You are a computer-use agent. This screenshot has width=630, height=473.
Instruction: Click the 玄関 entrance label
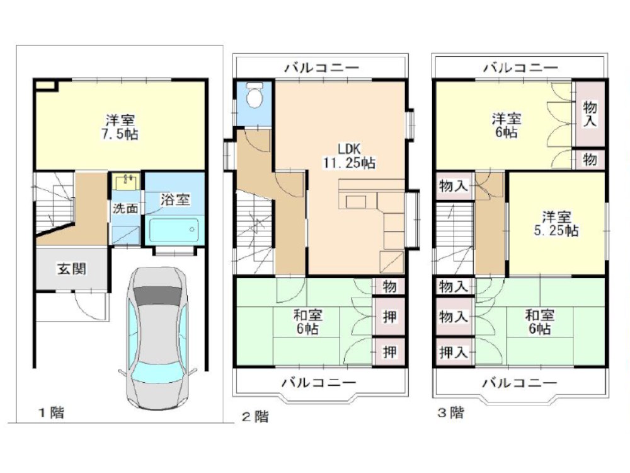[72, 269]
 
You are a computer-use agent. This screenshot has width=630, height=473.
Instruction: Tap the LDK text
[348, 149]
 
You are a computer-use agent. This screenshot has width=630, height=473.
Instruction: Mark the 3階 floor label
[451, 413]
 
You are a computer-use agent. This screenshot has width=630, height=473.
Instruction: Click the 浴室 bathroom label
[175, 199]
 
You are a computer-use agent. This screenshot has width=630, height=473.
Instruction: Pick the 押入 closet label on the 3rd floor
[453, 352]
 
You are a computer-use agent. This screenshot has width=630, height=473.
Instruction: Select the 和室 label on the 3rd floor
[539, 315]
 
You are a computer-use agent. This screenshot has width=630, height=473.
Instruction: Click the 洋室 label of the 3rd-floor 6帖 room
[506, 118]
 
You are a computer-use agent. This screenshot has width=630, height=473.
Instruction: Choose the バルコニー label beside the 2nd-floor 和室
[318, 382]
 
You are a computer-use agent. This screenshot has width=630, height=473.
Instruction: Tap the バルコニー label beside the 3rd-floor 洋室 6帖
[520, 67]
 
